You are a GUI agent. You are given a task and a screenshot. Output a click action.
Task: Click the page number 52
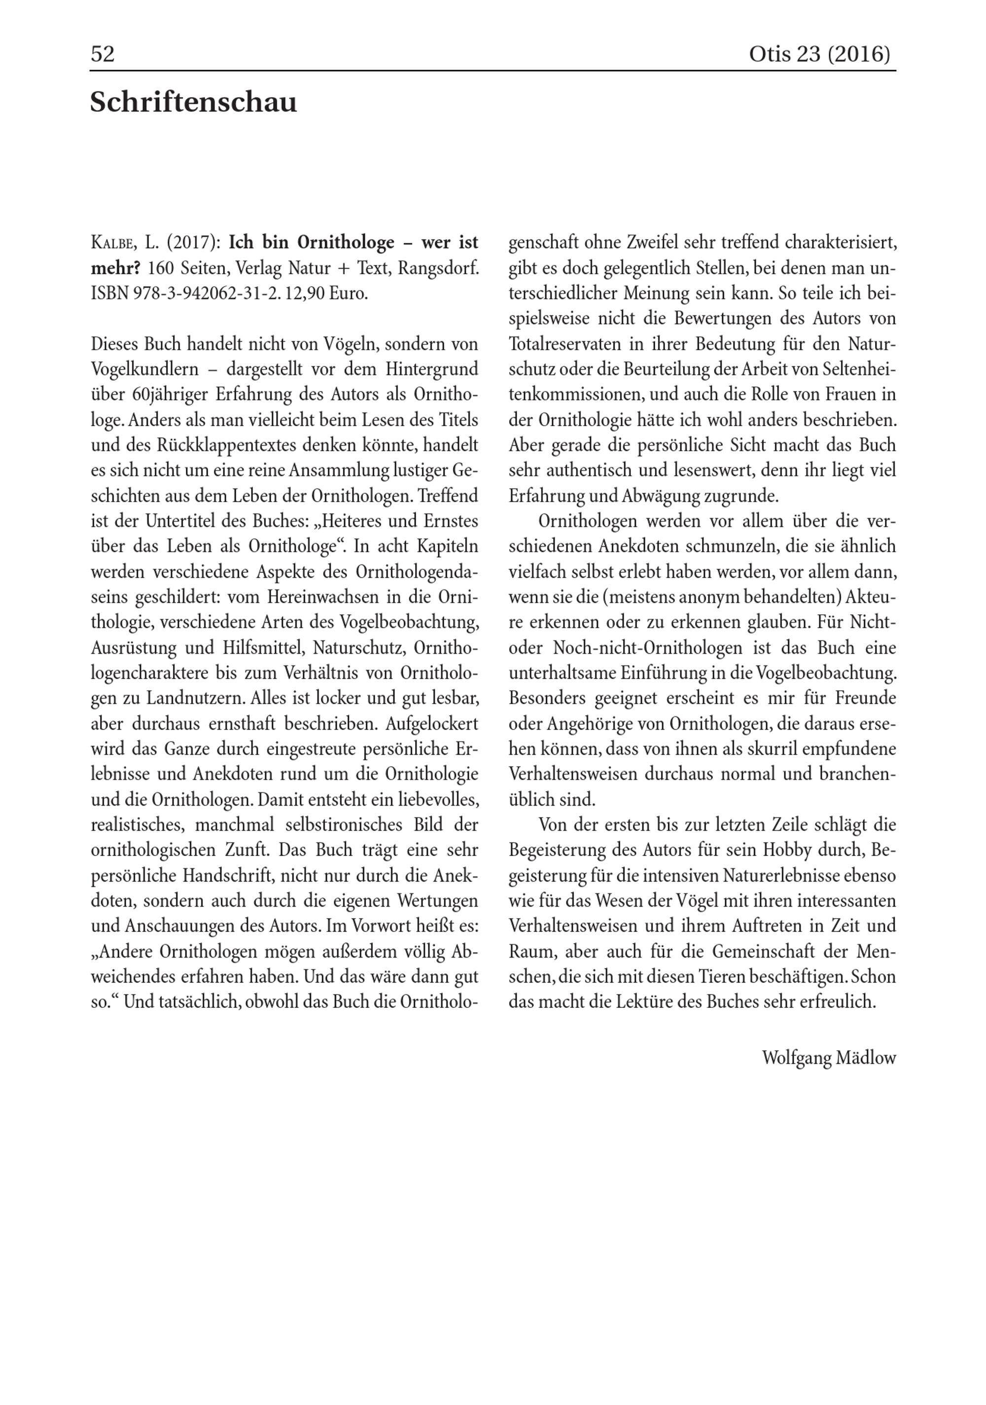[103, 54]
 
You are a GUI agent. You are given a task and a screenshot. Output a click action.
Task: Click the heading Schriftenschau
[193, 102]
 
